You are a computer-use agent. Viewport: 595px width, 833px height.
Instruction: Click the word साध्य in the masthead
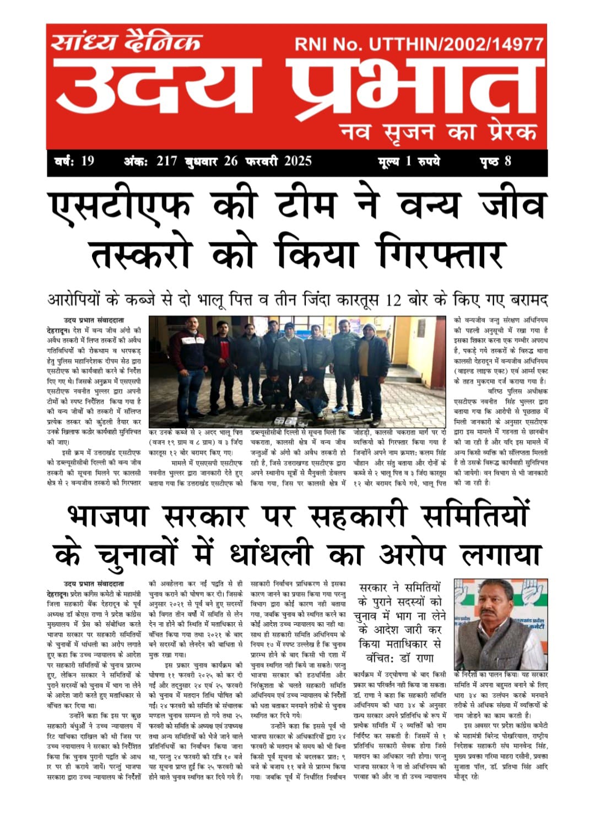click(x=85, y=41)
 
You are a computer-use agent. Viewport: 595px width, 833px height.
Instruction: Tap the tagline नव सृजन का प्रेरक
click(x=437, y=132)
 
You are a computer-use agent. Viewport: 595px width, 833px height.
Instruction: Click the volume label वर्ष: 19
click(x=75, y=161)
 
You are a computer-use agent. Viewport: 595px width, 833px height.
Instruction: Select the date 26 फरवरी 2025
click(x=268, y=161)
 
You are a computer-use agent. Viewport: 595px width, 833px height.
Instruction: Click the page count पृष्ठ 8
click(x=495, y=161)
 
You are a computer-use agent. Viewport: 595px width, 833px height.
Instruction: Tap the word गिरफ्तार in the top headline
click(x=441, y=254)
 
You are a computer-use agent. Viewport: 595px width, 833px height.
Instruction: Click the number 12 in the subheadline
click(x=393, y=301)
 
